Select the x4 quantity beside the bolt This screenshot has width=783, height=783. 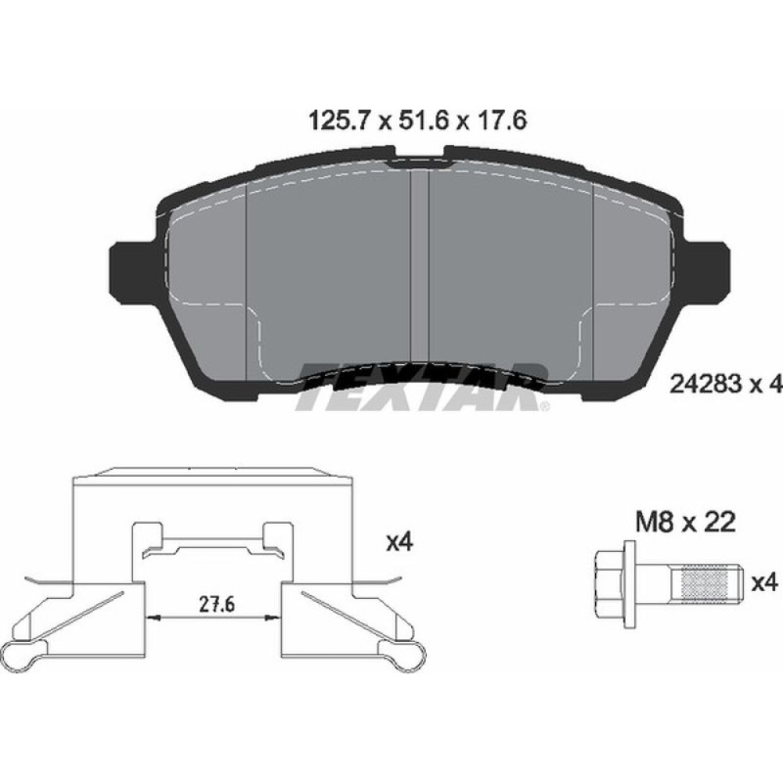[763, 583]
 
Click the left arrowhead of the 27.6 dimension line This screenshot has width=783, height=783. [153, 619]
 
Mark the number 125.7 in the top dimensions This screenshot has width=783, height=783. [335, 122]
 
